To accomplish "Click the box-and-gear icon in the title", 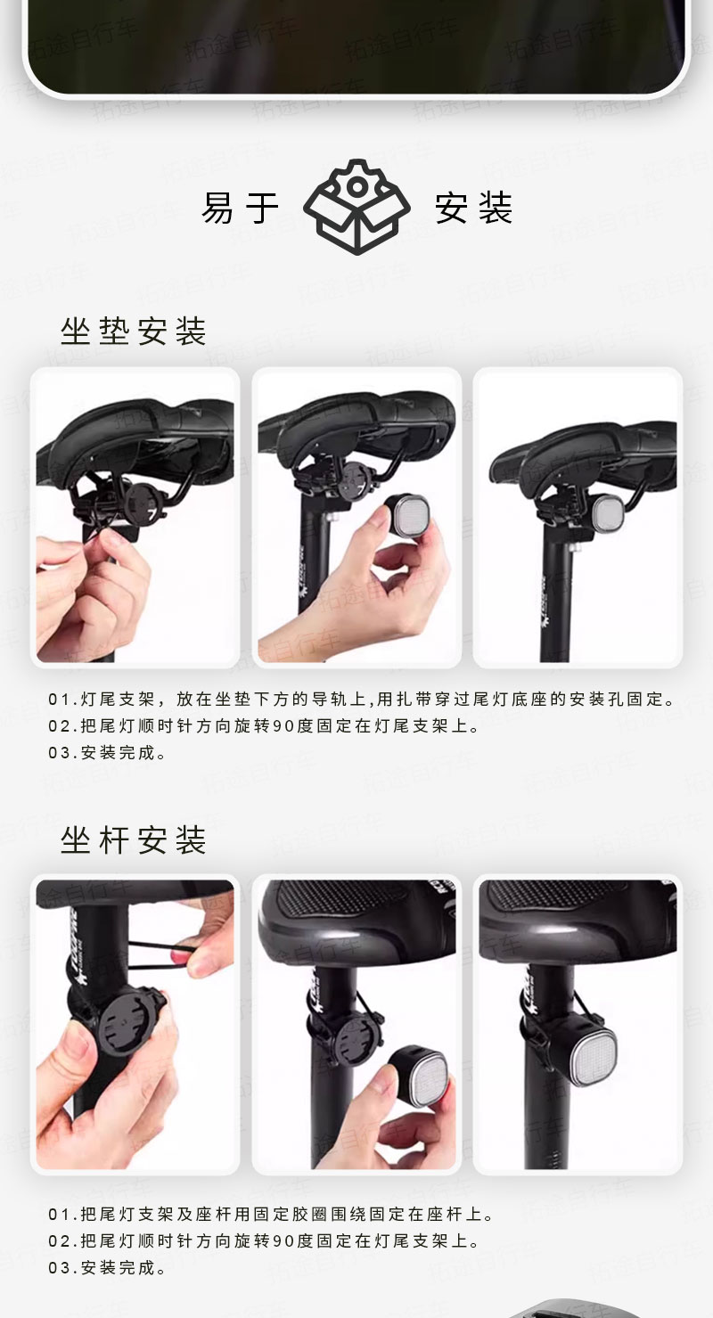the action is pyautogui.click(x=356, y=207).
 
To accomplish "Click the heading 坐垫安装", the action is pyautogui.click(x=134, y=332).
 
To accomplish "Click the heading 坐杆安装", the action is pyautogui.click(x=134, y=839).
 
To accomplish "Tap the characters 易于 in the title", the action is pyautogui.click(x=240, y=208).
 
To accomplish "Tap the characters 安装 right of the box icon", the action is pyautogui.click(x=473, y=208).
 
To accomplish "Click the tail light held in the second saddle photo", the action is pyautogui.click(x=407, y=516).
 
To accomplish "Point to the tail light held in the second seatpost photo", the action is pyautogui.click(x=418, y=1077).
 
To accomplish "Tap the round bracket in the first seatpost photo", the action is pyautogui.click(x=126, y=1025).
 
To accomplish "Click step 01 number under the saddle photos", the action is pyautogui.click(x=59, y=700).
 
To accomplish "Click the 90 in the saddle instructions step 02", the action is pyautogui.click(x=283, y=726).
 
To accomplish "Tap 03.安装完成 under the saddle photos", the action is pyautogui.click(x=108, y=752).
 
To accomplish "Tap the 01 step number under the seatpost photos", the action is pyautogui.click(x=59, y=1214).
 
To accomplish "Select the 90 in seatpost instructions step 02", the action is pyautogui.click(x=283, y=1241).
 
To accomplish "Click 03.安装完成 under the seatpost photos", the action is pyautogui.click(x=108, y=1267).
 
